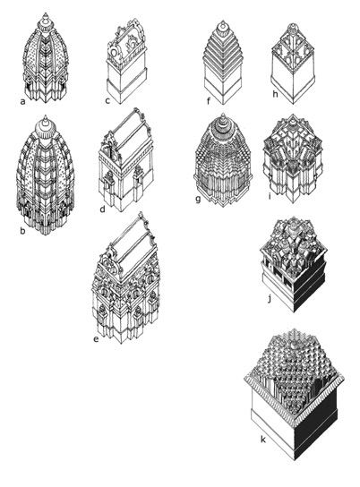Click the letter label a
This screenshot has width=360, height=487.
21,100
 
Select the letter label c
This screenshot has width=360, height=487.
107,100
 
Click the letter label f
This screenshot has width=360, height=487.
208,100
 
